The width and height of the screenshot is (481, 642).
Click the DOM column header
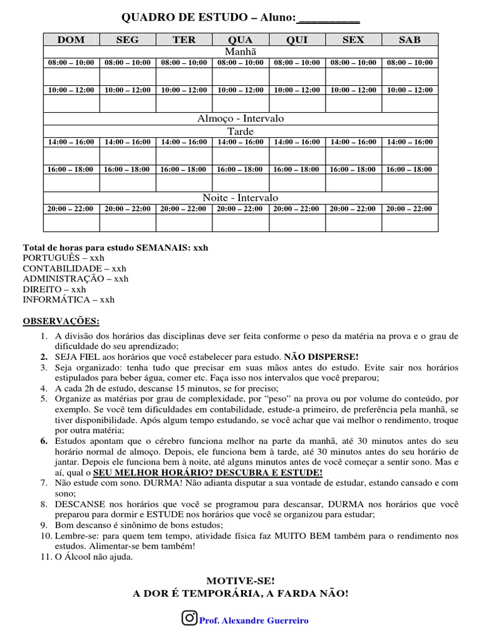[x=71, y=39]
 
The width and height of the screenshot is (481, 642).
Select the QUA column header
[x=240, y=39]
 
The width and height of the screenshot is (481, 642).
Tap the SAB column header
[x=410, y=39]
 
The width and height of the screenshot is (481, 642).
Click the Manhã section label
[x=240, y=51]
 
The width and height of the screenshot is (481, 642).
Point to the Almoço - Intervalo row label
[x=240, y=118]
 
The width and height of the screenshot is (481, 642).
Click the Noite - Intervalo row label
[x=240, y=197]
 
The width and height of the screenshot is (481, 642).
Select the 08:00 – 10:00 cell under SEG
[x=128, y=63]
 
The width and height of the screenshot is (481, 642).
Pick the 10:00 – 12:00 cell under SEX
[x=353, y=90]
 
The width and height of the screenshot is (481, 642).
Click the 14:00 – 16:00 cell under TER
[x=184, y=142]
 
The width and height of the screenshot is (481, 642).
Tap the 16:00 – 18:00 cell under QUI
[x=297, y=169]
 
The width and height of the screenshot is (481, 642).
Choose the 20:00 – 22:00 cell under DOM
[x=71, y=209]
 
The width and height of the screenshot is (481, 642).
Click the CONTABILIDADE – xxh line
[x=75, y=268]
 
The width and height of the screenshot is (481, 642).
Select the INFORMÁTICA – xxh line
[x=69, y=300]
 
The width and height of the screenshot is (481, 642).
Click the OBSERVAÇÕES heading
[x=61, y=321]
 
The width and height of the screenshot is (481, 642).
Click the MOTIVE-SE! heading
[x=240, y=581]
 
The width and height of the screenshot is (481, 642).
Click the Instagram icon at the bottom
[x=189, y=618]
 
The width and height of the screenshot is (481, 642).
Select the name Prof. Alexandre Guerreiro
[x=254, y=620]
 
